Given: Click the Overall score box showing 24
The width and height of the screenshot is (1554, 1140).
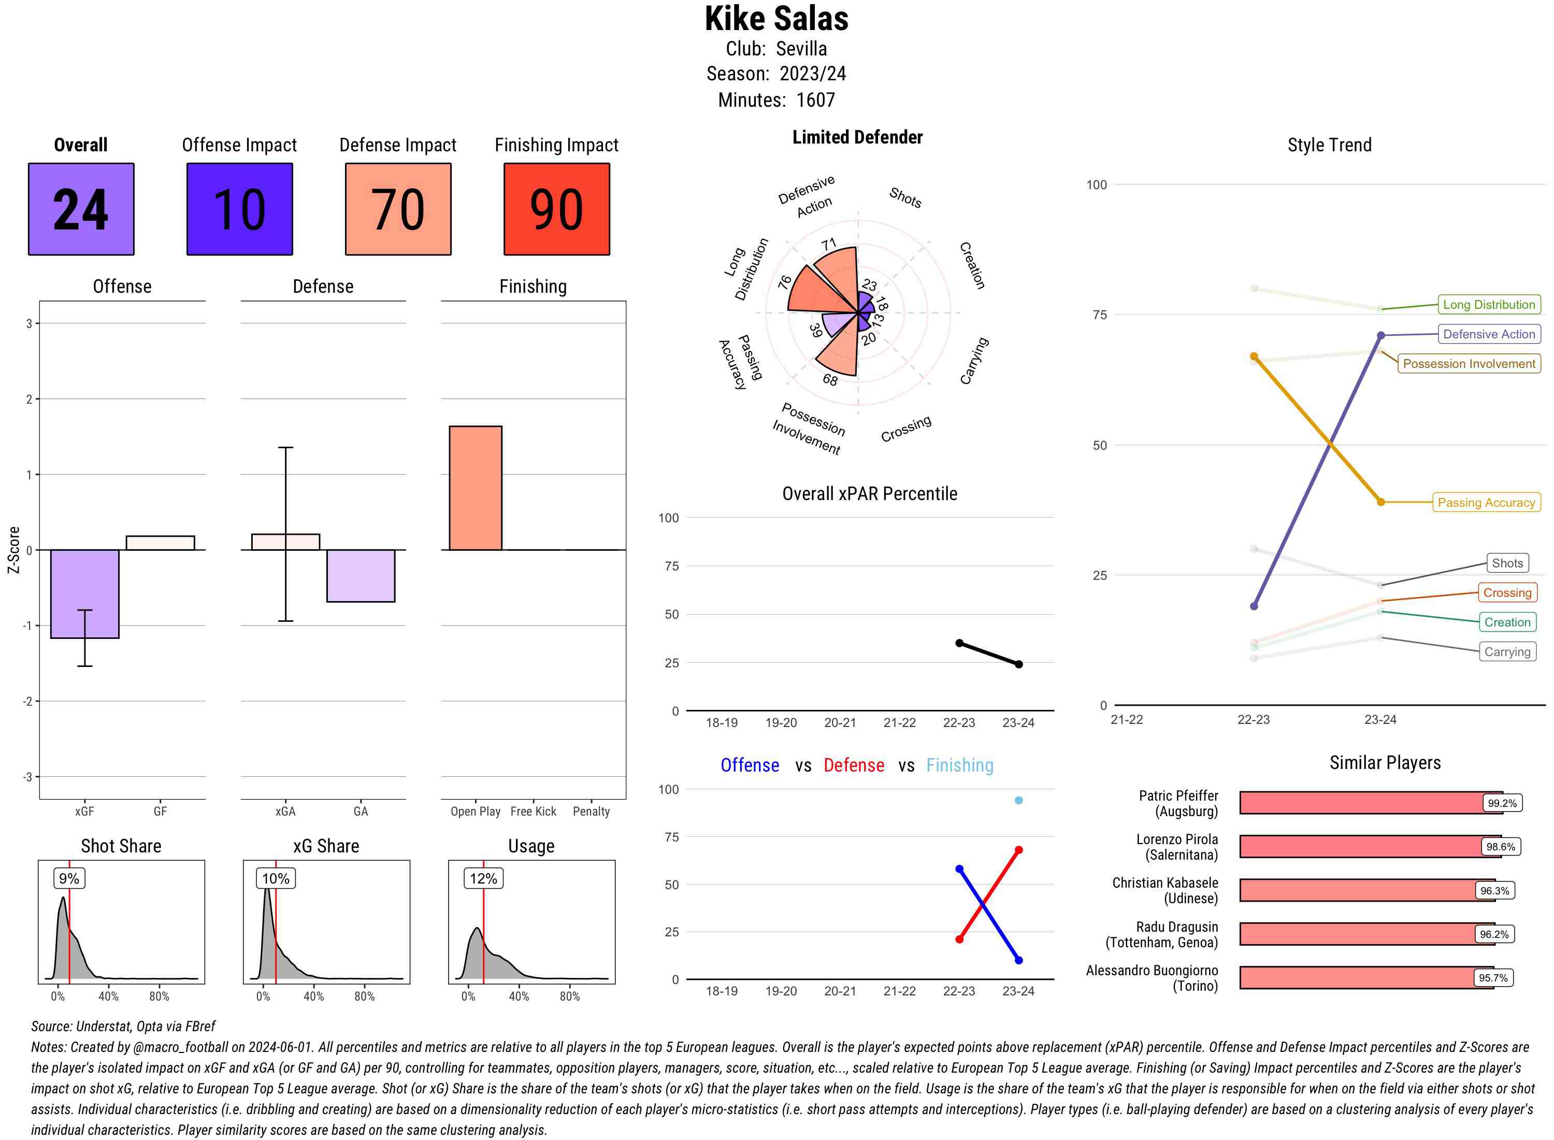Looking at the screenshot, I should tap(81, 209).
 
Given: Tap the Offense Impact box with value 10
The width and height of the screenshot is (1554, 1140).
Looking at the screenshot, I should tap(239, 209).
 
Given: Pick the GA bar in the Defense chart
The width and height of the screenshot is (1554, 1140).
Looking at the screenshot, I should tap(360, 576).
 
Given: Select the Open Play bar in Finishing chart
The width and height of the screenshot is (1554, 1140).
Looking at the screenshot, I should tap(475, 488).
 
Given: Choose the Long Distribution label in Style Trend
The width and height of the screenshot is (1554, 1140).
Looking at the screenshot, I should tap(1489, 304).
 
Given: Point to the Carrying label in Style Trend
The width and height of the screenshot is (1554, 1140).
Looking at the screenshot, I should tap(1506, 651).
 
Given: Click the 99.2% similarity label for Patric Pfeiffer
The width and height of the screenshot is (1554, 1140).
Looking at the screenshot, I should tap(1502, 803).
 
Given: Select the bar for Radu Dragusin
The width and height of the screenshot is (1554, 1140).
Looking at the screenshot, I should tap(1365, 934).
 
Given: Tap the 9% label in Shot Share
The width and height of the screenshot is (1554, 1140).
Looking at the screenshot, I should tap(69, 878).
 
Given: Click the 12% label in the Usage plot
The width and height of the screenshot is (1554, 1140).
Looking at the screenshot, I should tap(483, 878).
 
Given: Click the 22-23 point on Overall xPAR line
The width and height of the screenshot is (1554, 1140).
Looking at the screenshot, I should tap(959, 643).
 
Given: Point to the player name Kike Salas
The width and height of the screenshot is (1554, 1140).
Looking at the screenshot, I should tap(776, 19).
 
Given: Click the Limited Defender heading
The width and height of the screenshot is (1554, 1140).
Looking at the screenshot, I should tap(857, 137).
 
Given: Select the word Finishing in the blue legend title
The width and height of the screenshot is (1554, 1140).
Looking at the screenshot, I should tap(959, 765).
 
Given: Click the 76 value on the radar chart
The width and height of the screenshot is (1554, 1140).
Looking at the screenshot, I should tap(785, 281).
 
